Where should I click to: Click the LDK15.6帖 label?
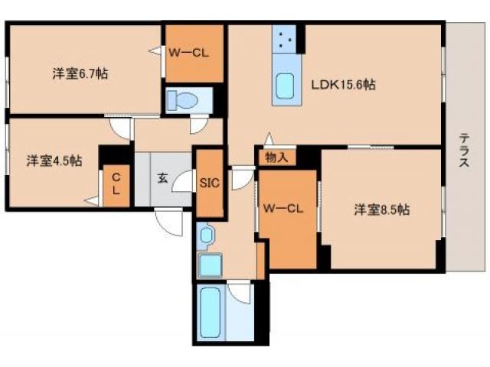coord(343,85)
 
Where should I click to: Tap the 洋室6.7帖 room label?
coord(80,74)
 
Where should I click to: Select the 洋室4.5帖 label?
coord(54,161)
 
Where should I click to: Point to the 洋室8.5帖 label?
coord(382,209)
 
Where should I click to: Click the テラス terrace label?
coord(464,150)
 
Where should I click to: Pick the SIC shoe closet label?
coord(209,183)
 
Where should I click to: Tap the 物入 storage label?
coord(276,158)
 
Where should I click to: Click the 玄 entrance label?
coord(162,178)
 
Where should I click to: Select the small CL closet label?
coord(116,184)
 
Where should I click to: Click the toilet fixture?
coord(183,100)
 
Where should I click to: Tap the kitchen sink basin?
coord(285,86)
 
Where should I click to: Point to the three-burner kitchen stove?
coord(284,39)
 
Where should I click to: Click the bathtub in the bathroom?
coord(211,312)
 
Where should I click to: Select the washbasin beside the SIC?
coord(206,235)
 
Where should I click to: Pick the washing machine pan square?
coord(211,265)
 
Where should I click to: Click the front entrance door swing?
coord(168,222)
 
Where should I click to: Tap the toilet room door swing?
coord(199,124)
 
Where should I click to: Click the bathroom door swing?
coord(239,291)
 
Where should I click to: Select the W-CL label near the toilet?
coord(188,53)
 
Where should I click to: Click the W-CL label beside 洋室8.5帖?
coord(283,209)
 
